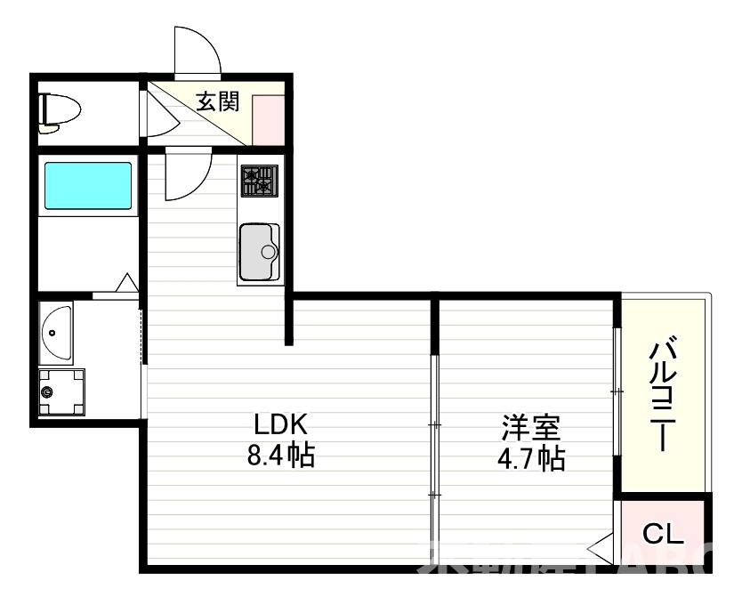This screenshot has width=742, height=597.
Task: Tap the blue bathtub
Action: (88, 185)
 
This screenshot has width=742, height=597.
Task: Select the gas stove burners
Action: (258, 181)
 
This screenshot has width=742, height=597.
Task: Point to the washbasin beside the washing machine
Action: (55, 331)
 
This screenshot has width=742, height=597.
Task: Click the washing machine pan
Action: (60, 391)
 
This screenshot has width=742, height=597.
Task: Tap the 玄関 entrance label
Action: (218, 101)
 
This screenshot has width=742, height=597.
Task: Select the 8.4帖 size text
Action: (280, 456)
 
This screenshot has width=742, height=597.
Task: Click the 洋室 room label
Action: (530, 428)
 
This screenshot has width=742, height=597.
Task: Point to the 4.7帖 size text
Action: (531, 460)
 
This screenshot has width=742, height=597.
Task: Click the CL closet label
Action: (663, 535)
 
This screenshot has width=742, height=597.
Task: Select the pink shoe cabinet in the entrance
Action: (268, 117)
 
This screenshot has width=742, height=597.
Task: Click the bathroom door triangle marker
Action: (126, 284)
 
